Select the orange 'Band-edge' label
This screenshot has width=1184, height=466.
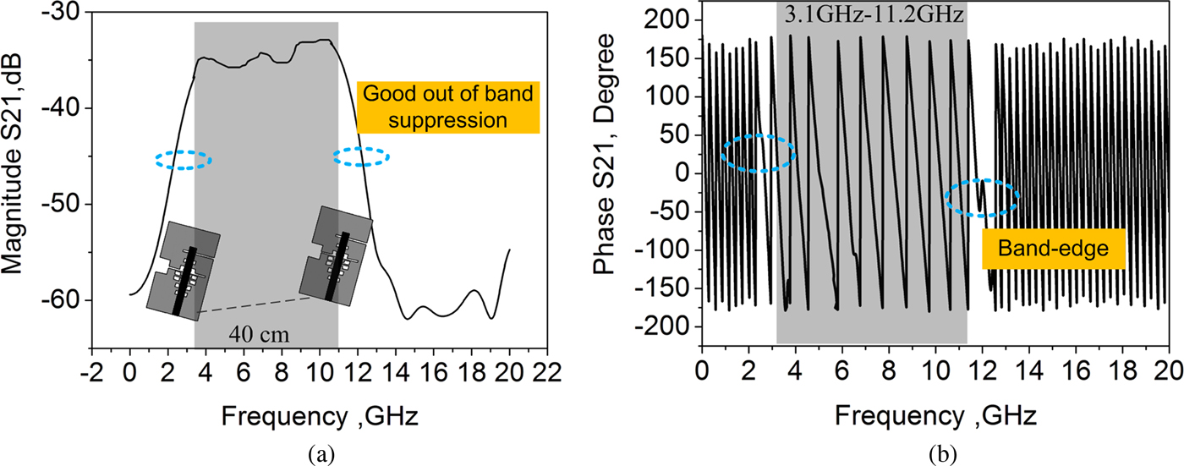click(1053, 249)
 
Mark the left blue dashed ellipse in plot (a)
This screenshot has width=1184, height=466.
click(184, 160)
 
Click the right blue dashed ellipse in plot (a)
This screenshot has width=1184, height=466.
click(361, 156)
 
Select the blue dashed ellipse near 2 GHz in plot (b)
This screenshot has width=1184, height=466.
click(759, 153)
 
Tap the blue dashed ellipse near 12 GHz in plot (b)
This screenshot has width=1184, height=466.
click(982, 198)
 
